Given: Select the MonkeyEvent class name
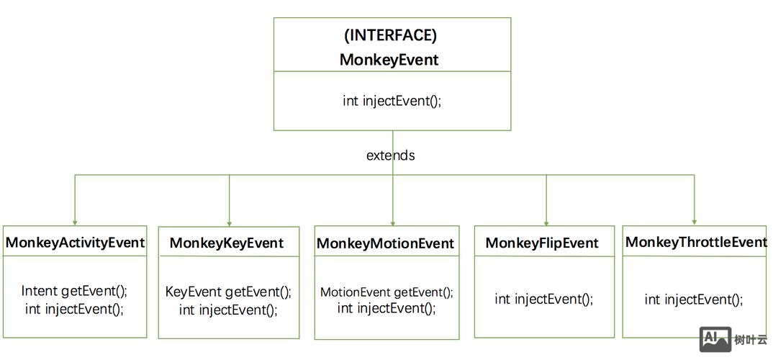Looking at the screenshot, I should point(389,59).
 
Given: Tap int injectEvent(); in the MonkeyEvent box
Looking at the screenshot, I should point(392,101).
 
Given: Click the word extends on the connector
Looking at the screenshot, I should point(390,155).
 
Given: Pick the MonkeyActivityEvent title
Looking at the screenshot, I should point(75,243).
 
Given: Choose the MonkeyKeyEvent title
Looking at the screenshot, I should point(227,243).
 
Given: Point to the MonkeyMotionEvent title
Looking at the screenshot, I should point(386,244).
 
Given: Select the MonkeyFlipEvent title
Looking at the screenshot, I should point(542,243).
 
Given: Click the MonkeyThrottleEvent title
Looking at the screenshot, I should point(696,242).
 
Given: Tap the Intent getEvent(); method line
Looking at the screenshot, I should point(74,291).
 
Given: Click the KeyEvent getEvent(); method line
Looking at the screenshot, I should point(228,292).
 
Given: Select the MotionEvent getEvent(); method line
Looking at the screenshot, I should point(386,292).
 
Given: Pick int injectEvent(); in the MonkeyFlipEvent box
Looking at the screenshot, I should point(543,299).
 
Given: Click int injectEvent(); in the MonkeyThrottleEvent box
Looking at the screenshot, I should point(694,299).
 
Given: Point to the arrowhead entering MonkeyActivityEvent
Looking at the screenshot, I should point(74,222).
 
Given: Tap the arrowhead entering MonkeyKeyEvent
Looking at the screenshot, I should point(230,223).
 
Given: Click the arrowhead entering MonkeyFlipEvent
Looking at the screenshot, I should point(546,222).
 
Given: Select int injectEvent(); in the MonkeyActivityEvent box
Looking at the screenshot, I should point(74,309).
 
